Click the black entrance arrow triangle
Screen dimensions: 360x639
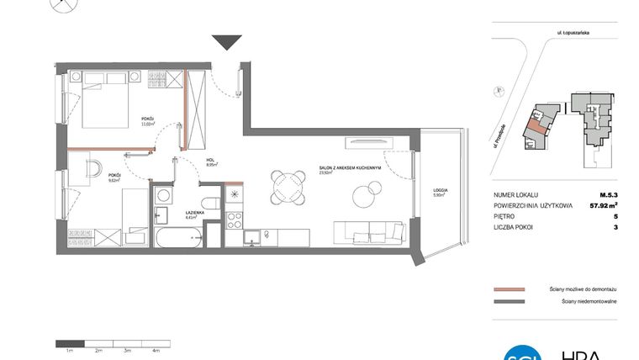(x=227, y=42)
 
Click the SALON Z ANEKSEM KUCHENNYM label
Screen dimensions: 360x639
(x=350, y=167)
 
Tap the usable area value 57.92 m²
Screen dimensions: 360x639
(x=603, y=204)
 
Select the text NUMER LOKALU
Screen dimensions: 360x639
(x=517, y=193)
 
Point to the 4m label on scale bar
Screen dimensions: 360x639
(x=156, y=349)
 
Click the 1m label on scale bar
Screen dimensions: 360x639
(x=69, y=349)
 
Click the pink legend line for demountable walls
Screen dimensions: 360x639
(x=510, y=288)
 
